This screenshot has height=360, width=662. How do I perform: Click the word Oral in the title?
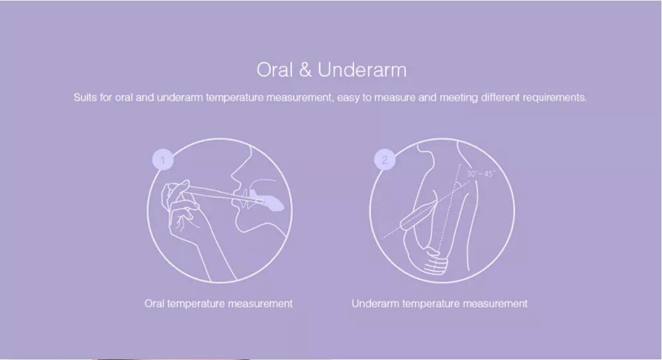click(275, 69)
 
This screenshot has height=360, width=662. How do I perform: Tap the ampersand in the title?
click(305, 70)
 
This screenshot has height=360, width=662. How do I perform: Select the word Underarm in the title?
click(362, 69)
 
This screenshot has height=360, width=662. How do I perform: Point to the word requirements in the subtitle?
click(555, 97)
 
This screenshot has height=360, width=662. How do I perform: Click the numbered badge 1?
click(163, 160)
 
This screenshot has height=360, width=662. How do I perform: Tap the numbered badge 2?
click(385, 160)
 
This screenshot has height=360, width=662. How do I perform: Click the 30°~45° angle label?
click(481, 174)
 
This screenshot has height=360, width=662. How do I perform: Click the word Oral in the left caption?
click(154, 304)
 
